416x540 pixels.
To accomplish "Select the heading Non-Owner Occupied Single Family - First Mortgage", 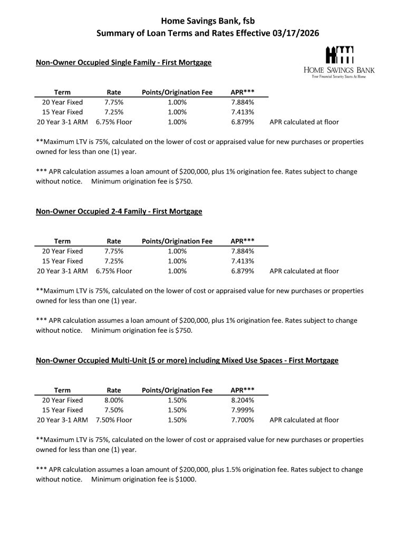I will click(x=123, y=63).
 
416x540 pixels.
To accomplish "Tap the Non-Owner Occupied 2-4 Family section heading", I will click(x=119, y=211).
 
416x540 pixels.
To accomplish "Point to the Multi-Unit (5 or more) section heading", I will click(x=187, y=361).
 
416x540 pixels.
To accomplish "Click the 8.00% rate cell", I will click(x=114, y=400).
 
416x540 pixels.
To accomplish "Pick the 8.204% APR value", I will click(x=243, y=400).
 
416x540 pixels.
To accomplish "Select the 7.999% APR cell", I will click(x=243, y=410).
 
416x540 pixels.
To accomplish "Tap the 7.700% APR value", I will click(x=243, y=420).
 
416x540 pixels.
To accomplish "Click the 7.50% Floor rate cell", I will click(x=114, y=420).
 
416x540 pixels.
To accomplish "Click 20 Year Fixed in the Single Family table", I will click(x=62, y=102).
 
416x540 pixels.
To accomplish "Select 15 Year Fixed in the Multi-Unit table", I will click(x=62, y=410).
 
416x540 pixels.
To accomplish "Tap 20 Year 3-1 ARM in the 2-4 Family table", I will click(x=62, y=271).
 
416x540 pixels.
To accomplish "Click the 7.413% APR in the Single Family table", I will click(x=243, y=112).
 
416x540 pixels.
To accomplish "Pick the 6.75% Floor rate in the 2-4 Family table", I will click(x=114, y=271).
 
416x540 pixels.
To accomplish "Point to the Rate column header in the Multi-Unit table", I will click(x=114, y=390).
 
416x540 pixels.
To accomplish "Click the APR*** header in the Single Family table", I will click(x=243, y=92).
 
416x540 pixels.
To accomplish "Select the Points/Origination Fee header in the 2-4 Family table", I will click(x=177, y=241).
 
